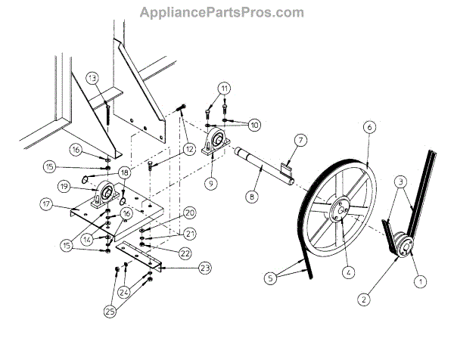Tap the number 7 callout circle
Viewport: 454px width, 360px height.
click(x=300, y=140)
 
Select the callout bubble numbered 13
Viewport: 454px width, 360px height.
click(x=92, y=78)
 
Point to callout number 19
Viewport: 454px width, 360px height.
click(x=66, y=185)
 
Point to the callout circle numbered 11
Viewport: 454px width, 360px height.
click(x=224, y=88)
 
